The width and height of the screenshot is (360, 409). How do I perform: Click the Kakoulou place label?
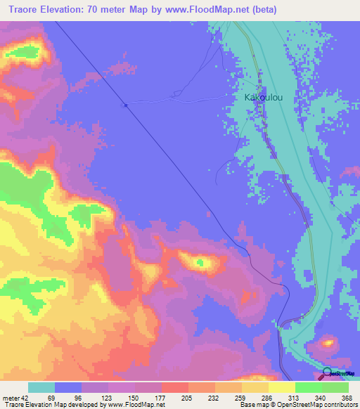click(263, 98)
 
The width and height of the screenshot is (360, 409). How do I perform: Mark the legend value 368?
click(347, 398)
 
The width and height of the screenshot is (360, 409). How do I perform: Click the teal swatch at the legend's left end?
click(41, 387)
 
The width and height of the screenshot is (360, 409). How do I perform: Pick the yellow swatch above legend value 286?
click(255, 387)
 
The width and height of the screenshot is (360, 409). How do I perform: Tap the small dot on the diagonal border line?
click(125, 105)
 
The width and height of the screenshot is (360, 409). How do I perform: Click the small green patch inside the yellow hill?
click(201, 264)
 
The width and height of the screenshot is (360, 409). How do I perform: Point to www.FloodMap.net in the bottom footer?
click(136, 405)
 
